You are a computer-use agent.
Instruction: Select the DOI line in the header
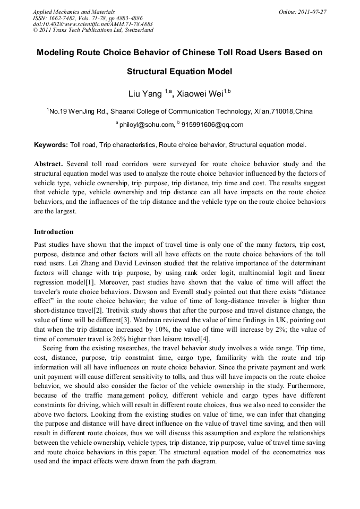[x=92, y=24]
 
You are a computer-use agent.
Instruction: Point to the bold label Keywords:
[x=51, y=144]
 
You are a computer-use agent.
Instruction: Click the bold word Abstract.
[x=49, y=164]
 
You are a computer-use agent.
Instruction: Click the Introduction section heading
[x=54, y=232]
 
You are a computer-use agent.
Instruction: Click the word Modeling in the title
[x=57, y=53]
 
